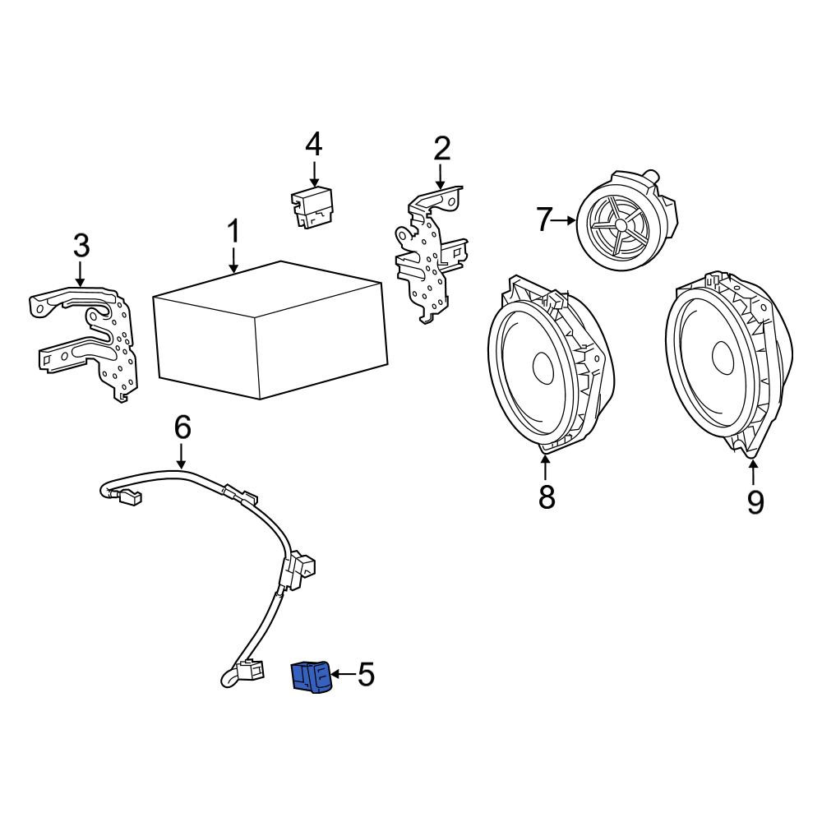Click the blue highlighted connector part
[312, 678]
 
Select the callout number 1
[233, 232]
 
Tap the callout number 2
[442, 149]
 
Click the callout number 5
[366, 674]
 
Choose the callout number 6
[182, 427]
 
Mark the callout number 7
[544, 220]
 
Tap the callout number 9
[755, 502]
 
